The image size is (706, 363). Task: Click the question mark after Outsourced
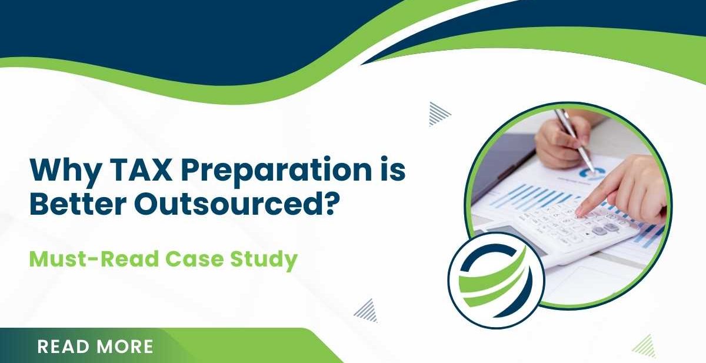(x=332, y=204)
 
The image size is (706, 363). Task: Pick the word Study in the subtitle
(x=265, y=259)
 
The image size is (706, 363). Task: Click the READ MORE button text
(x=95, y=347)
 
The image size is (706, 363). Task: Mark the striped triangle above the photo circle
(x=438, y=113)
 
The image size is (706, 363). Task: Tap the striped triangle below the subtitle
(x=367, y=310)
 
